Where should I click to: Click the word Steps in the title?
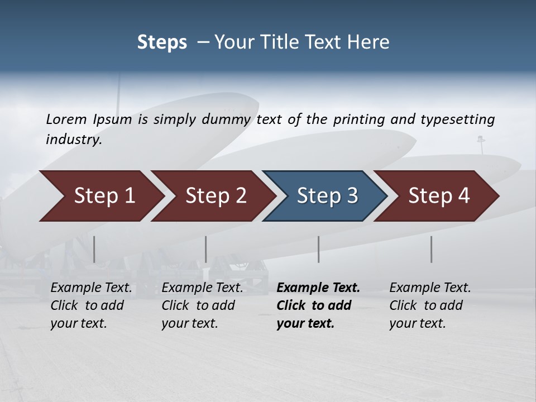tap(162, 42)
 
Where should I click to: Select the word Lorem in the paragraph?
tap(66, 119)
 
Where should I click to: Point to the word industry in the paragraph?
tap(74, 139)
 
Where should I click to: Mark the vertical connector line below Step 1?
tap(94, 249)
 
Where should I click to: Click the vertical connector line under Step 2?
tap(206, 249)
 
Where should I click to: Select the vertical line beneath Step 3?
tap(318, 249)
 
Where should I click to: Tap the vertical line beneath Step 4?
tap(431, 249)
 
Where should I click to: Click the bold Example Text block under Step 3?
tap(318, 305)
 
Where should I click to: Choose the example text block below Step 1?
tap(91, 305)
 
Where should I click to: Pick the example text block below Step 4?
tap(430, 305)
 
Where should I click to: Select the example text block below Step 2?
tap(202, 305)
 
